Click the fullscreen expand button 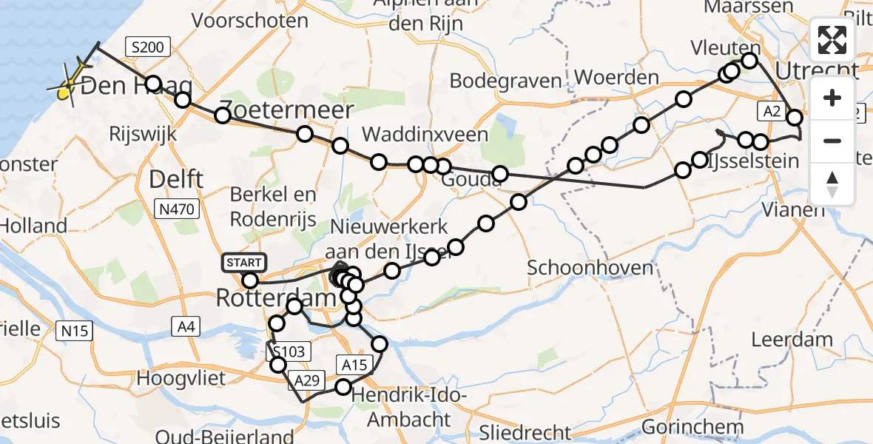click(x=832, y=41)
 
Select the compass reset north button click(x=832, y=184)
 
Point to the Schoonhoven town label click(x=591, y=268)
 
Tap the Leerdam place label click(x=792, y=340)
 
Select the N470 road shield click(x=177, y=210)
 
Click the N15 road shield click(x=75, y=331)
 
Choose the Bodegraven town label click(x=505, y=80)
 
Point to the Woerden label click(x=616, y=77)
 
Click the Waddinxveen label click(x=425, y=134)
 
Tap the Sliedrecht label click(x=525, y=433)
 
